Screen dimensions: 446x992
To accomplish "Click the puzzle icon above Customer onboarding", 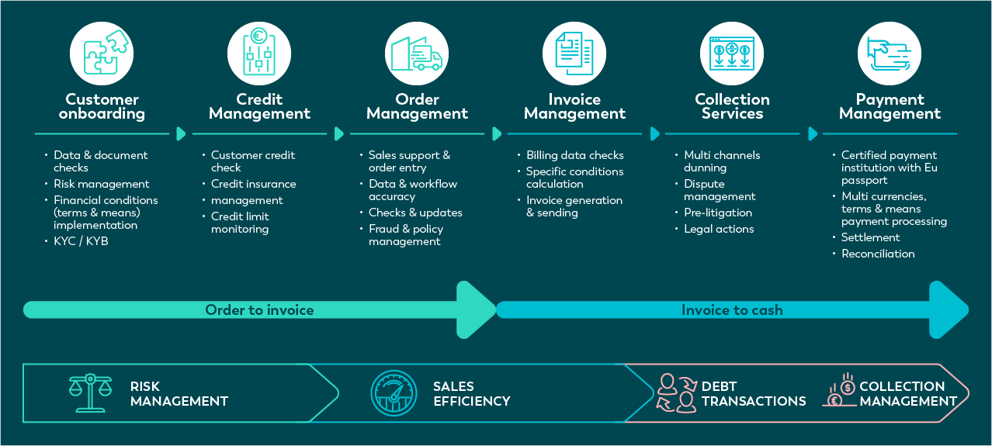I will pos(102,53).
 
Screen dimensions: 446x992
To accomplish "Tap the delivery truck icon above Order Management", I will pos(417,53).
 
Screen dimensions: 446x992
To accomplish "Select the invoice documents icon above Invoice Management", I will pos(574,53).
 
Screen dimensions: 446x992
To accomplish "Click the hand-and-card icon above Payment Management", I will pos(890,53).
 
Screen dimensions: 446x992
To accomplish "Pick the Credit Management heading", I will pos(259,106).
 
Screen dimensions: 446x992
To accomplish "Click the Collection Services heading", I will pos(732,106).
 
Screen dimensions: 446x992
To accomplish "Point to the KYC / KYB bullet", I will pos(81,241).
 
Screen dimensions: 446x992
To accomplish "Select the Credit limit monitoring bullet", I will pos(240,223).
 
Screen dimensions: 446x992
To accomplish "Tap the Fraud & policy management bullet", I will pos(405,235).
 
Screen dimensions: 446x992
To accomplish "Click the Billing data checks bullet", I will pos(574,155).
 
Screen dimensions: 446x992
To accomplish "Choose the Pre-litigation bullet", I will pos(718,213).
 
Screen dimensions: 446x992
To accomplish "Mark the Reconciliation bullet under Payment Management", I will pos(878,254).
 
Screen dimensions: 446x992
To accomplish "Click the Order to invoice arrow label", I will pos(259,310).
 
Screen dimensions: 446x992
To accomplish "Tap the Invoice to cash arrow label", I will pos(732,310).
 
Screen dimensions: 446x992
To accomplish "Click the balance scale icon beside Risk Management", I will pos(91,393).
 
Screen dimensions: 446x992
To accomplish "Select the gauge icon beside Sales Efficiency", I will pos(394,393).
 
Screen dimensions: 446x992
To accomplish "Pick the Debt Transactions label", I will pos(753,393).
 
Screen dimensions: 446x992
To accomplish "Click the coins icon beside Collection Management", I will pos(839,391).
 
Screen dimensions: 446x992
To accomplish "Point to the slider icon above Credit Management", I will pos(259,53).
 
